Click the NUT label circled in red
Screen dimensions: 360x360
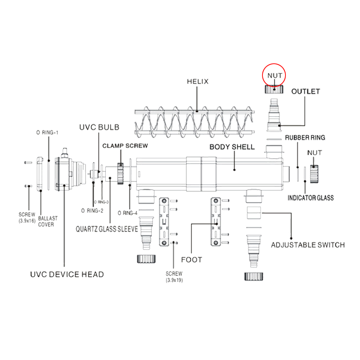274,76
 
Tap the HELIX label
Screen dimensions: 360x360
197,81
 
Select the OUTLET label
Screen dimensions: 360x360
305,91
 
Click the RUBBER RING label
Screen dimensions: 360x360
305,138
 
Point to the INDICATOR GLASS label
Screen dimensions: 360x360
310,198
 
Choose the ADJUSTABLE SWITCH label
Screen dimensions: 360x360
307,245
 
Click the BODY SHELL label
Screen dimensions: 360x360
232,147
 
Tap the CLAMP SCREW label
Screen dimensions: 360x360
125,146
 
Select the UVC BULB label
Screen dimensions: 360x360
99,127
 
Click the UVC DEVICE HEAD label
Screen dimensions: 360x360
67,275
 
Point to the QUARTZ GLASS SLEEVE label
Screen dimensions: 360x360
107,229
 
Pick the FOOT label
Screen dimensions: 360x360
192,260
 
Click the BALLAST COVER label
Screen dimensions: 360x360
48,221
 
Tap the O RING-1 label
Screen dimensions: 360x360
47,132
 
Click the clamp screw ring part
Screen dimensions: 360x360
121,173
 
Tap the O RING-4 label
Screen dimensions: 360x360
128,213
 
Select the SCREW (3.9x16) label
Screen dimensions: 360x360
27,217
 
